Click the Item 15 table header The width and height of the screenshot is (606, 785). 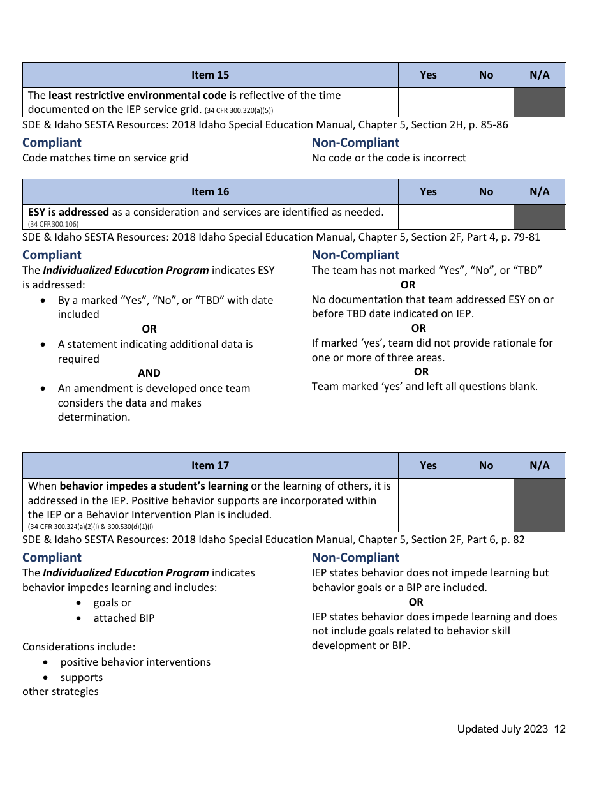point(210,75)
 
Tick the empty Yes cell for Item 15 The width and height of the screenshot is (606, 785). point(428,103)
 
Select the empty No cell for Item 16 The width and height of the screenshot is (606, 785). point(485,217)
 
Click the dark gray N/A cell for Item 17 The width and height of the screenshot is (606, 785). point(539,505)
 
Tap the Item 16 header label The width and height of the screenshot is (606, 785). point(210,191)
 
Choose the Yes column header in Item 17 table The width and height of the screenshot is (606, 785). point(428,465)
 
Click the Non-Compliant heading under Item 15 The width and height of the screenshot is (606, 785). point(355,143)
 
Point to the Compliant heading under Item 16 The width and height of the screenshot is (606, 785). point(52,255)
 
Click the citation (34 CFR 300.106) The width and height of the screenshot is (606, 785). point(53,224)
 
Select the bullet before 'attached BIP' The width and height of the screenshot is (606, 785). point(78,618)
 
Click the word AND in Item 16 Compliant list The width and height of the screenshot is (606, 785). point(149,373)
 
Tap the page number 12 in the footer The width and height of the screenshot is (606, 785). point(559,729)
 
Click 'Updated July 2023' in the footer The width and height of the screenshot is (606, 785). point(502,729)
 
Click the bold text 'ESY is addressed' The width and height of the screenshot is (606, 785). point(68,212)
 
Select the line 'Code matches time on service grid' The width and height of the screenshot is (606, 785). point(105,158)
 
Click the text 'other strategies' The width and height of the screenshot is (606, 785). point(61,691)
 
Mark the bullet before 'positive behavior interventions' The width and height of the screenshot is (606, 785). point(47,662)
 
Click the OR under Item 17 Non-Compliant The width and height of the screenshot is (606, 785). point(416,602)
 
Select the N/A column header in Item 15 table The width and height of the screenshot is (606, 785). point(539,75)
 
